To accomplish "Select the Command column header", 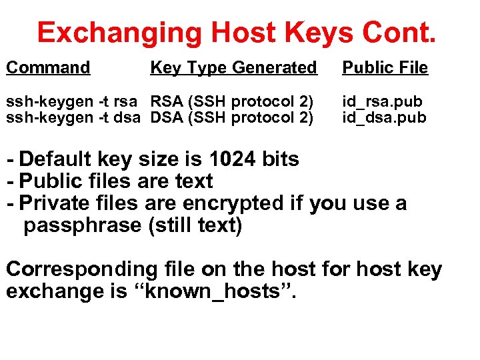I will coord(48,67).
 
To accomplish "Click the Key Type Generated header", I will coord(233,67).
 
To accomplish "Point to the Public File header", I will coord(385,67).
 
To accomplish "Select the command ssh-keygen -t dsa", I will coord(73,118).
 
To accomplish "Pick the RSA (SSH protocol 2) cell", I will coord(232,102).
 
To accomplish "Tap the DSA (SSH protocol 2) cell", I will coord(232,118).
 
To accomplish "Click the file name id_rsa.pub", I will coord(382,102).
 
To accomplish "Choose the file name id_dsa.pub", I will coord(382,118).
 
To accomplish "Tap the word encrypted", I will coord(247,203).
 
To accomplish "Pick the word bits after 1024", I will coord(280,159).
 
